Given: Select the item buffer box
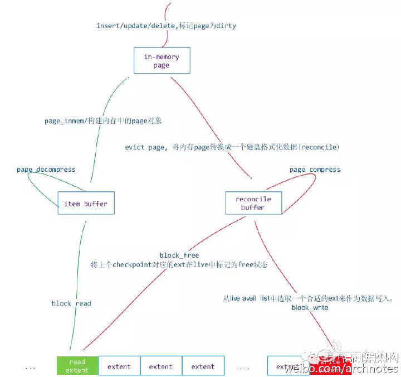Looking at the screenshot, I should (x=86, y=204).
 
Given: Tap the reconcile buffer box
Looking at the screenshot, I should (x=253, y=204).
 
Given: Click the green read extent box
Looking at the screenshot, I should (x=77, y=366).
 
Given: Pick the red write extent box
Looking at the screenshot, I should (x=331, y=366).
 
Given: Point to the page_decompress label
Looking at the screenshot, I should (x=46, y=170).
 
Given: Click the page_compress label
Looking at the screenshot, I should (x=315, y=170).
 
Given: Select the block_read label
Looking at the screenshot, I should (x=71, y=303).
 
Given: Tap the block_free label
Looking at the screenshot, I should (x=179, y=255).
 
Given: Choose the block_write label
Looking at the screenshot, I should (x=310, y=308).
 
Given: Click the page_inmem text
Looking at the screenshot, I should (x=62, y=120).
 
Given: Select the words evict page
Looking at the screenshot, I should (x=144, y=147).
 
